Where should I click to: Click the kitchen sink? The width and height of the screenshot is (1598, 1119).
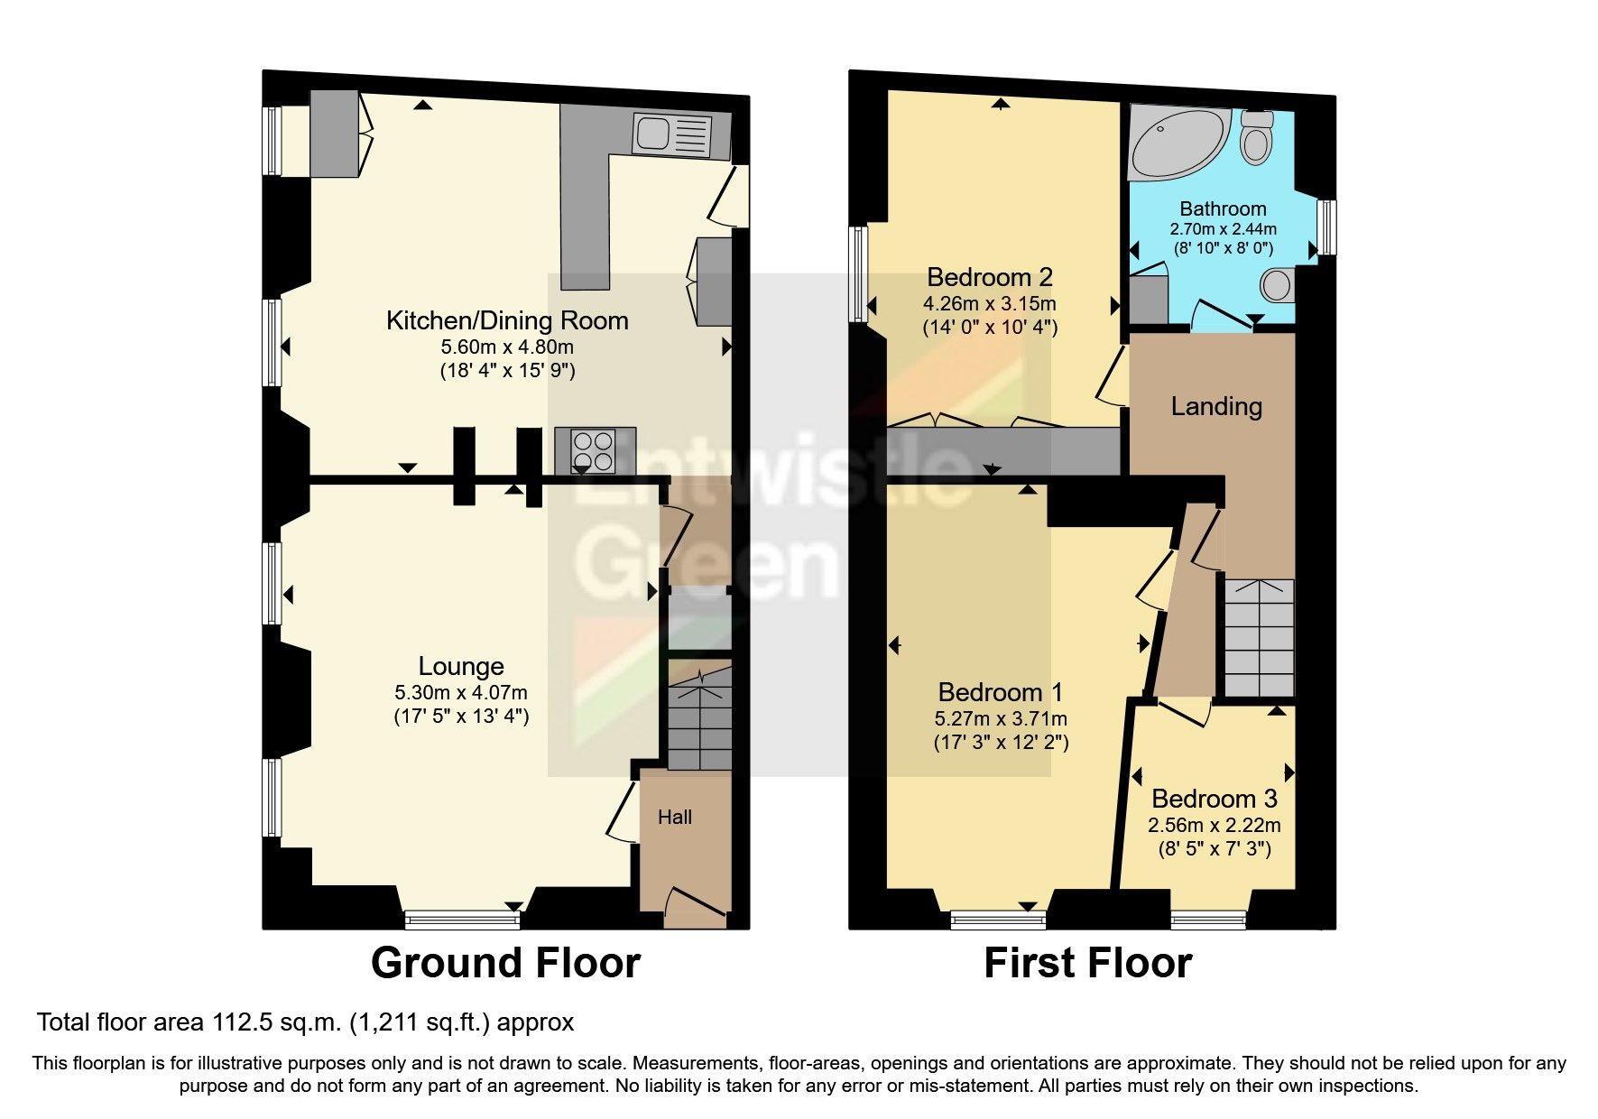tap(673, 134)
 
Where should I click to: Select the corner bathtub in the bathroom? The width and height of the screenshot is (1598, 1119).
tap(1178, 144)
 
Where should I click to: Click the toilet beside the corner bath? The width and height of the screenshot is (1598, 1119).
tap(1256, 136)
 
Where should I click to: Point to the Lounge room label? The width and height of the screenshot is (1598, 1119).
tap(461, 666)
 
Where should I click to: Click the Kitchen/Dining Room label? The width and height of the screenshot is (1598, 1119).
tap(507, 320)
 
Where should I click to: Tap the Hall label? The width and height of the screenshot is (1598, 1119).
tap(675, 817)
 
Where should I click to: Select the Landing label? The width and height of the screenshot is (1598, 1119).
tap(1216, 406)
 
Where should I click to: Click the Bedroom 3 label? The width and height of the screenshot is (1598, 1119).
tap(1215, 799)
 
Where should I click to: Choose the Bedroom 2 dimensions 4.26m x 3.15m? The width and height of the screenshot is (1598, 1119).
tap(989, 303)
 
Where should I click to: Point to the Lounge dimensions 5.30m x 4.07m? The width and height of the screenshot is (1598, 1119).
tap(461, 693)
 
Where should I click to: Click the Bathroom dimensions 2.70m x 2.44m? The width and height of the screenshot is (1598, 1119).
tap(1224, 229)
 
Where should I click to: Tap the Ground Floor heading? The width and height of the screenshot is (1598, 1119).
tap(505, 963)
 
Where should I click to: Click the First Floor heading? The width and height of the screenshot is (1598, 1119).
tap(1088, 963)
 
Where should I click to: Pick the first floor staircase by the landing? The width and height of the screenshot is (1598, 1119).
tap(1259, 637)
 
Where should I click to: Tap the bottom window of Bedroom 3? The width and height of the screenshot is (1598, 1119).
tap(1209, 920)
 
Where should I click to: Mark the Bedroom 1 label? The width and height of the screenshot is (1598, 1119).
tap(1001, 692)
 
